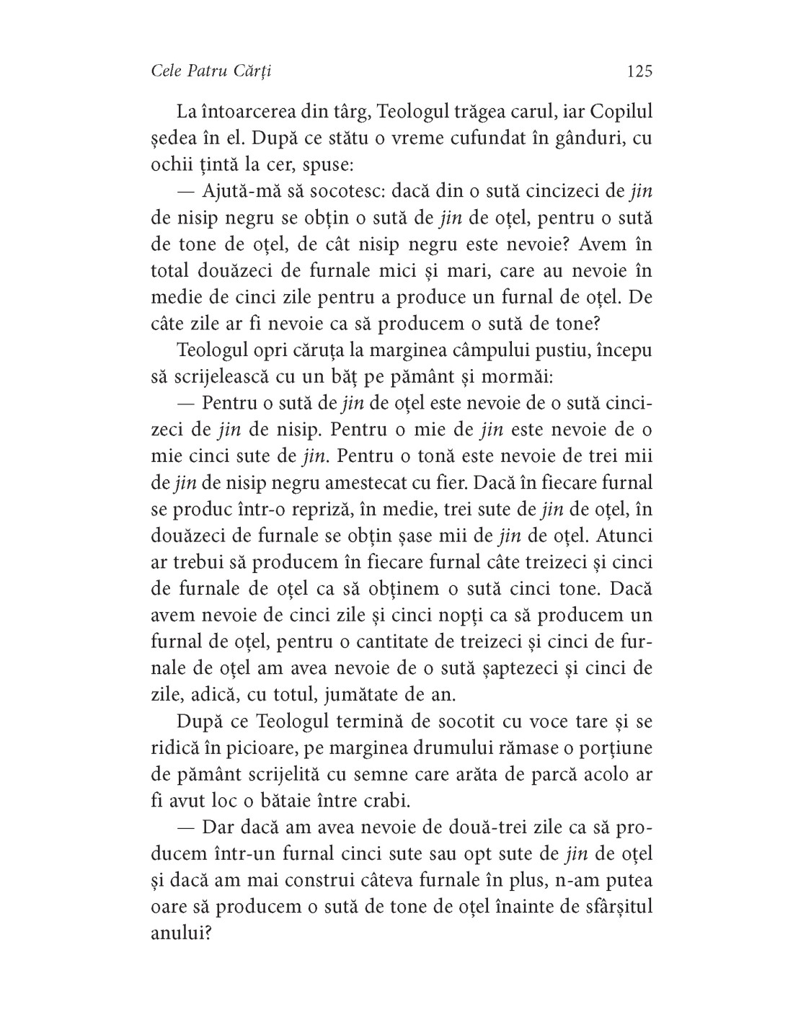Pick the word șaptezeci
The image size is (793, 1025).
click(x=517, y=667)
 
